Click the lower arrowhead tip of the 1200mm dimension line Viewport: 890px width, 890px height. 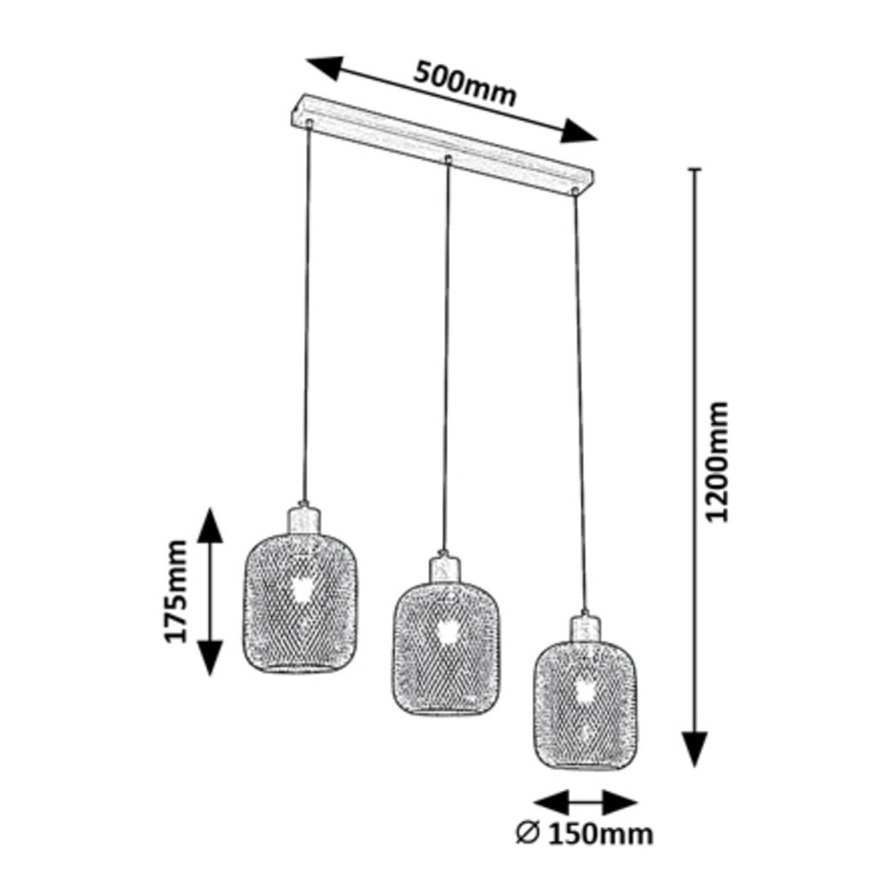[x=695, y=766]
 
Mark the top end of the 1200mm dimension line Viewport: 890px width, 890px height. [x=695, y=168]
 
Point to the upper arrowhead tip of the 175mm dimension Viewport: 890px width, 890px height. [x=211, y=508]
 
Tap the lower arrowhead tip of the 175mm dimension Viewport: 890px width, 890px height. [x=211, y=676]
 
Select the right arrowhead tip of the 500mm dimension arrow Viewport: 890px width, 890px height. [x=598, y=138]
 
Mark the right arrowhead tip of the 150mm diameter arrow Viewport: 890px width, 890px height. [x=638, y=803]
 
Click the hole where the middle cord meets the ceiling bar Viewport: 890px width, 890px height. [x=448, y=158]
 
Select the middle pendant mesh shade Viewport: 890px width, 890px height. [x=448, y=649]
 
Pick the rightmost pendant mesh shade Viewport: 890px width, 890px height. [x=586, y=705]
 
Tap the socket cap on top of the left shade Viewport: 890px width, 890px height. [x=303, y=520]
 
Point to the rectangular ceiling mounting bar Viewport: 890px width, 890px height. [x=441, y=145]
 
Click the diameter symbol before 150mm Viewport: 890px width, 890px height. [x=527, y=835]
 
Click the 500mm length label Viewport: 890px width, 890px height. [x=465, y=84]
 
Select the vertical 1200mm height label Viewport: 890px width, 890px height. [x=716, y=461]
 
